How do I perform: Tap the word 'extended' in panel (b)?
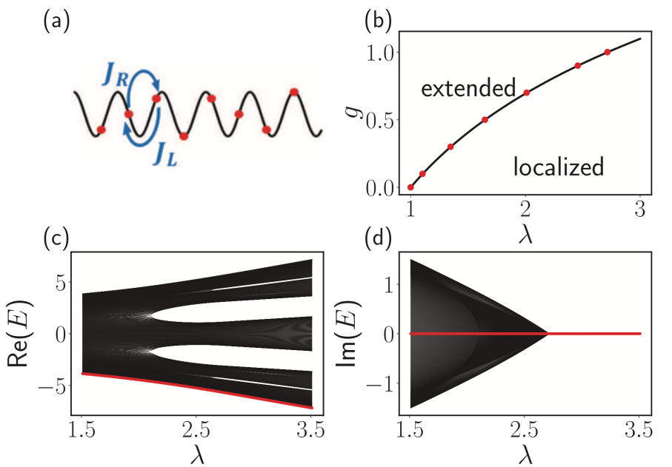[x=468, y=88]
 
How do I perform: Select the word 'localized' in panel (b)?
[x=559, y=167]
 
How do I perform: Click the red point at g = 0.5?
[x=485, y=120]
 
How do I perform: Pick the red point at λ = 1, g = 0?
[x=410, y=187]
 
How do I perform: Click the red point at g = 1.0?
[x=608, y=53]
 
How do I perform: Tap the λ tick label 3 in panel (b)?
[x=640, y=209]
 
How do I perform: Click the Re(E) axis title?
[x=18, y=333]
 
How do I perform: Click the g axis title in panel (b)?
[x=355, y=111]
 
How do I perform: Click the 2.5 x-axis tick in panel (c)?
[x=196, y=430]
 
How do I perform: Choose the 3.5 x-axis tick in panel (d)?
[x=640, y=430]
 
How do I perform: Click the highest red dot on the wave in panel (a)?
[x=294, y=92]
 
